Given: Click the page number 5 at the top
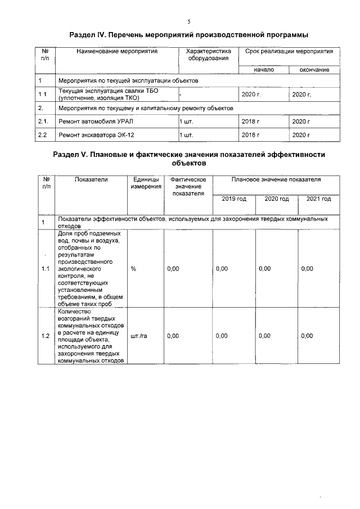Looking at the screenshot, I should (189, 21).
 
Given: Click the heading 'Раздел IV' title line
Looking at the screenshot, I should (189, 35).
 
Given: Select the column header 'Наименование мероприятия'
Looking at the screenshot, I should (109, 51).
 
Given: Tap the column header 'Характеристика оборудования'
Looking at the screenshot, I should (208, 55).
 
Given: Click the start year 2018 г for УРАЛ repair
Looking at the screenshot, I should (250, 121).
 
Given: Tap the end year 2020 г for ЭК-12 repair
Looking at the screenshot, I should (301, 135).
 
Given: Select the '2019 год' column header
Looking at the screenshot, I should (234, 199).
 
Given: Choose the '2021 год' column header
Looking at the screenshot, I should (318, 199).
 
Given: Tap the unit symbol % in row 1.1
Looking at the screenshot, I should (133, 269).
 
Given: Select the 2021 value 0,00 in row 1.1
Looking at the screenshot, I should (307, 269).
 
